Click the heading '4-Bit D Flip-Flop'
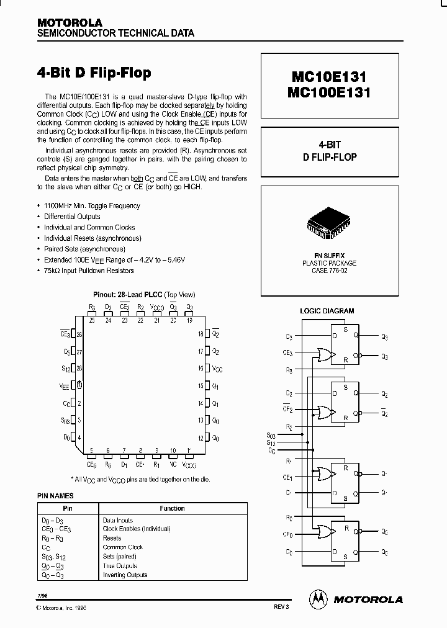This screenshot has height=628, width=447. pos(94,73)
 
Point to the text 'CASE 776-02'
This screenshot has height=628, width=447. pos(329,271)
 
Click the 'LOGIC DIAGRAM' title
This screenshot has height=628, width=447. pos(327,311)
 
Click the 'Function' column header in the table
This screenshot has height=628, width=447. pos(172,508)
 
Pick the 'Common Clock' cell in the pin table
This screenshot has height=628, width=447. pos(123,547)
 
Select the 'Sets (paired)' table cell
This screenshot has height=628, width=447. pos(122,557)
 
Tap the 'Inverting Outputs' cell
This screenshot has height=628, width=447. pos(125,575)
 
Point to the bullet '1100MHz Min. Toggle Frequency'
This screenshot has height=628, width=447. pos(92,206)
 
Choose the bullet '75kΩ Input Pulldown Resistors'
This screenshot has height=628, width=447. pos(89,271)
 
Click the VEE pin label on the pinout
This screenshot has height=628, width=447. pos(65,385)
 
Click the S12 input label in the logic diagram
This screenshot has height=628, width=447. pos(271,443)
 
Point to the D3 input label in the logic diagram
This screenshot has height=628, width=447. pos(289,336)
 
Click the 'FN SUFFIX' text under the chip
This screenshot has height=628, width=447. pos(329,256)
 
